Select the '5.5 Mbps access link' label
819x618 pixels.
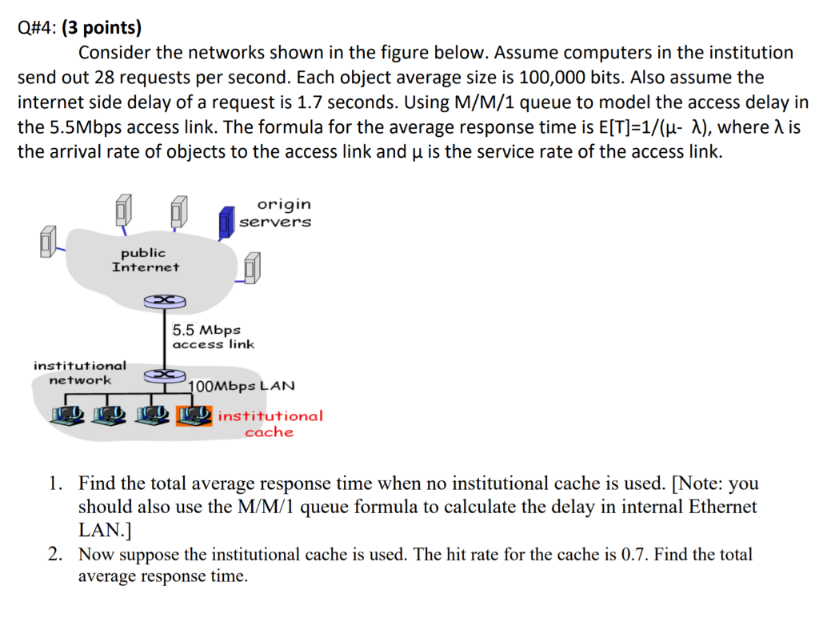click(213, 337)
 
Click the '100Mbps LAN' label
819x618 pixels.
click(242, 386)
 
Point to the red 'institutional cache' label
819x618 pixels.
click(270, 423)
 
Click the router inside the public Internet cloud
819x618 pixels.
click(164, 300)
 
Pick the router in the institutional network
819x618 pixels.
click(164, 373)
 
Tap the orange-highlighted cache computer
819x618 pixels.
click(194, 415)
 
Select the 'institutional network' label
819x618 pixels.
click(80, 372)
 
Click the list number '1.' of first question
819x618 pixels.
click(55, 484)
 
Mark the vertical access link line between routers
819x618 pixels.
click(164, 336)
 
